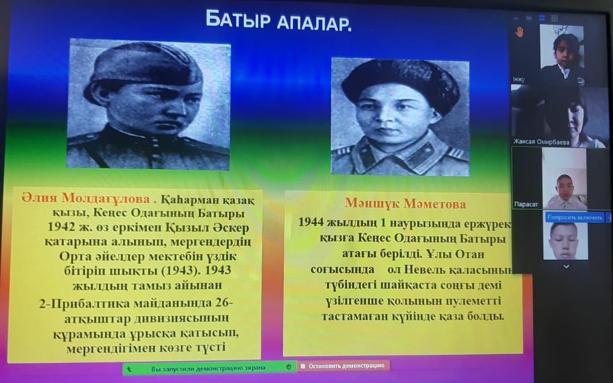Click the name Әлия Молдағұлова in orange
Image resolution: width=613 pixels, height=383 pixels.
[x=86, y=198]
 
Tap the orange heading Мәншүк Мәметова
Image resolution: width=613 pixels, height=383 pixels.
[x=405, y=204]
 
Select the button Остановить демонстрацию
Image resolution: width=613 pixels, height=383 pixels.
[x=344, y=366]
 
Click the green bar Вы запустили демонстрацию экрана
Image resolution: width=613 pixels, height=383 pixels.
[x=209, y=368]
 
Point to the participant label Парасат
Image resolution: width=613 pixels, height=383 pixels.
[x=526, y=204]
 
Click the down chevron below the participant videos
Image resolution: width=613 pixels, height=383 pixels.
[x=566, y=267]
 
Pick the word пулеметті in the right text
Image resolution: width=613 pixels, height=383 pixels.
[x=474, y=301]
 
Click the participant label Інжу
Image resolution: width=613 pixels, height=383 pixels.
[x=519, y=80]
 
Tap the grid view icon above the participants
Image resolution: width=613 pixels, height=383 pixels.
[x=555, y=18]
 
